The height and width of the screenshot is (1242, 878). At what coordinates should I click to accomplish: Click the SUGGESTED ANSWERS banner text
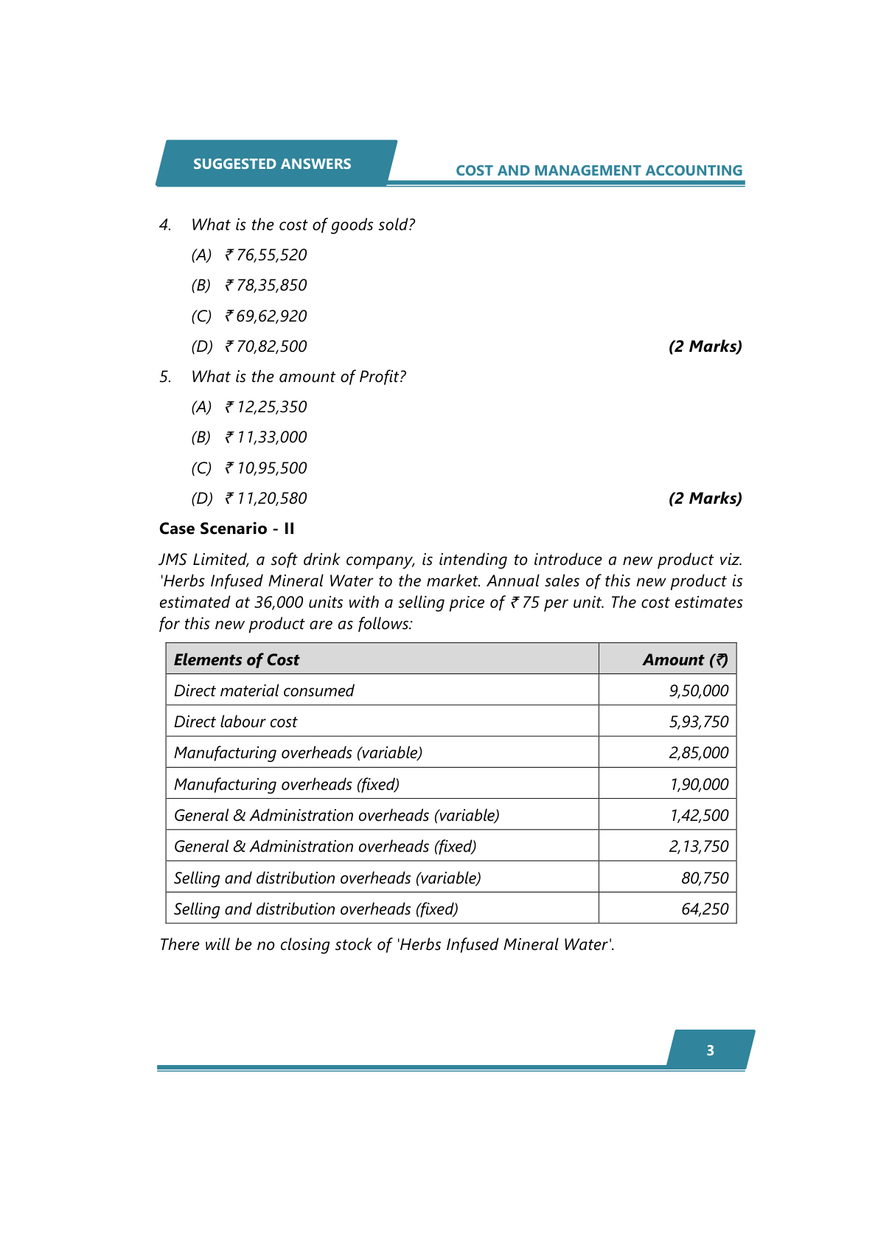pyautogui.click(x=272, y=164)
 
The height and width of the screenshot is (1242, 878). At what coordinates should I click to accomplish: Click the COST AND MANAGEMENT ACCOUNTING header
pyautogui.click(x=599, y=170)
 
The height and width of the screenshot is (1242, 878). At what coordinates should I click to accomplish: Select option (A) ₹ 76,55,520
pyautogui.click(x=266, y=255)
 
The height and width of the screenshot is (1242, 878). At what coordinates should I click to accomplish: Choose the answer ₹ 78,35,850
pyautogui.click(x=266, y=285)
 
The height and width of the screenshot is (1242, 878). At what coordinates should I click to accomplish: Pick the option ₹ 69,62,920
pyautogui.click(x=266, y=316)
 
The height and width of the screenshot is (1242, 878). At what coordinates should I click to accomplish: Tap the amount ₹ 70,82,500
pyautogui.click(x=266, y=347)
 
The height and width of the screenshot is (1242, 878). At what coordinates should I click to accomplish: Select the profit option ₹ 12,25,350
pyautogui.click(x=266, y=407)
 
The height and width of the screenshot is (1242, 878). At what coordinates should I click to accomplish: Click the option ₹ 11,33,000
pyautogui.click(x=266, y=437)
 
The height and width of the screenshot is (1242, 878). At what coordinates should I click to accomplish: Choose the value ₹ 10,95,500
pyautogui.click(x=266, y=468)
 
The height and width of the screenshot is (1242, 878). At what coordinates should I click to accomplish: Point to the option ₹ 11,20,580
pyautogui.click(x=266, y=499)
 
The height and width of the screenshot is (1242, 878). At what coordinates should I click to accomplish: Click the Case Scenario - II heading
pyautogui.click(x=227, y=529)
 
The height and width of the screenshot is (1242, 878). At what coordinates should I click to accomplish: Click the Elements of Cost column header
pyautogui.click(x=237, y=660)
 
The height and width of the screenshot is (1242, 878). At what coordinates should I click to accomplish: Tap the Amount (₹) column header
pyautogui.click(x=685, y=660)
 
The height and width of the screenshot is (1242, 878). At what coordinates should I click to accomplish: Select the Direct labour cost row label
pyautogui.click(x=236, y=722)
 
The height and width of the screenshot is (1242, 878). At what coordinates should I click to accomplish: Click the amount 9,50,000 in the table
pyautogui.click(x=698, y=691)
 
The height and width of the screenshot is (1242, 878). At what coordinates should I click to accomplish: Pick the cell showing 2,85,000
pyautogui.click(x=698, y=753)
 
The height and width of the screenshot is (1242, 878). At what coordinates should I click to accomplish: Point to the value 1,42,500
pyautogui.click(x=698, y=816)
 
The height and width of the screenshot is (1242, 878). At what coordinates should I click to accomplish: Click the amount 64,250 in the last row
pyautogui.click(x=704, y=909)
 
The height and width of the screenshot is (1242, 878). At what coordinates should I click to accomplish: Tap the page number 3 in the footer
pyautogui.click(x=710, y=1050)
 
